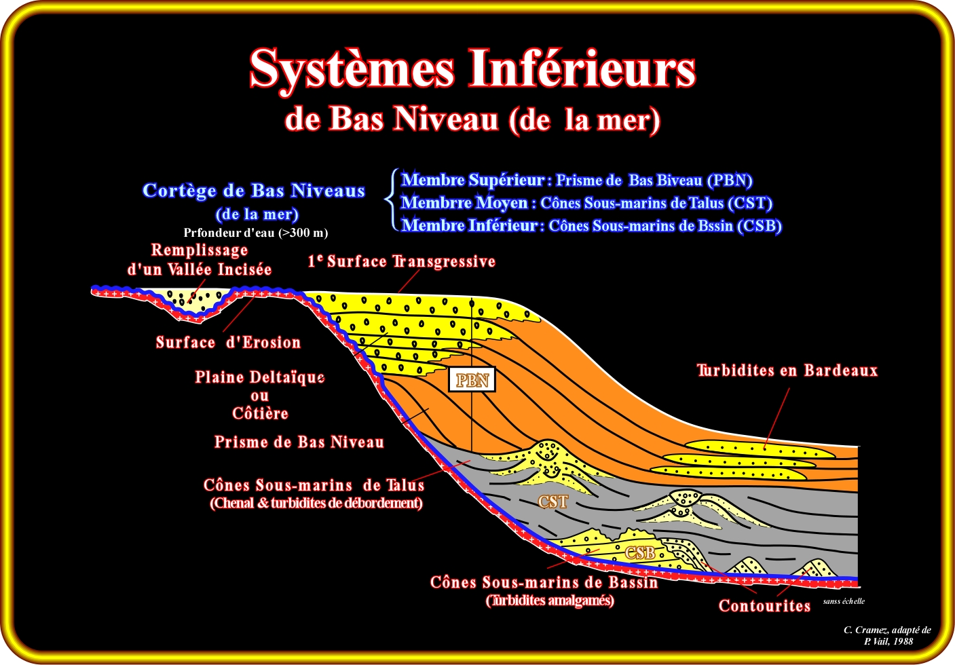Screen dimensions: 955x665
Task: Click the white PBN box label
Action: [x=472, y=379]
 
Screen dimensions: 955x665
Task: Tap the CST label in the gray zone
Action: [x=553, y=501]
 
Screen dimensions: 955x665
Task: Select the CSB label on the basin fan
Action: [x=640, y=552]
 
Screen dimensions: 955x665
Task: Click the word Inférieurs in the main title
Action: [x=582, y=69]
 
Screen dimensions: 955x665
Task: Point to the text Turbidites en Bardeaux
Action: [x=787, y=370]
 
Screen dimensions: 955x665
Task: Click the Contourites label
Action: [x=764, y=606]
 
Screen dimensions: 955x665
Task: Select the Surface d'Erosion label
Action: [x=229, y=342]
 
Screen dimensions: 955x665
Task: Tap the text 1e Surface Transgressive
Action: [x=402, y=261]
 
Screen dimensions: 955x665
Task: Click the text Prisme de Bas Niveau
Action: [x=299, y=442]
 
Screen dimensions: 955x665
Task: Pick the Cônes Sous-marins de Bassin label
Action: [x=544, y=582]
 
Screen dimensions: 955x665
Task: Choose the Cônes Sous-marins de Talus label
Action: [x=314, y=485]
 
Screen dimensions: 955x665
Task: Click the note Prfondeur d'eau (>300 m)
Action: [x=256, y=233]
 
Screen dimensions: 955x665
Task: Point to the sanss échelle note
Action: [x=844, y=601]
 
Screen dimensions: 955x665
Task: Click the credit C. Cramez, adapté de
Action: [x=887, y=630]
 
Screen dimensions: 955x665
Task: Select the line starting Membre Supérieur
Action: [x=577, y=180]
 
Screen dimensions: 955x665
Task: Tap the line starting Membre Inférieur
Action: [x=592, y=225]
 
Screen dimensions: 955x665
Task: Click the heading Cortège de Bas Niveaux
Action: [x=254, y=191]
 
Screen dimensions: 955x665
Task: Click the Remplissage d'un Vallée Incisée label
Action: [x=200, y=259]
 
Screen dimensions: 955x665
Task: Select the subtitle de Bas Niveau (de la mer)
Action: [x=472, y=119]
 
